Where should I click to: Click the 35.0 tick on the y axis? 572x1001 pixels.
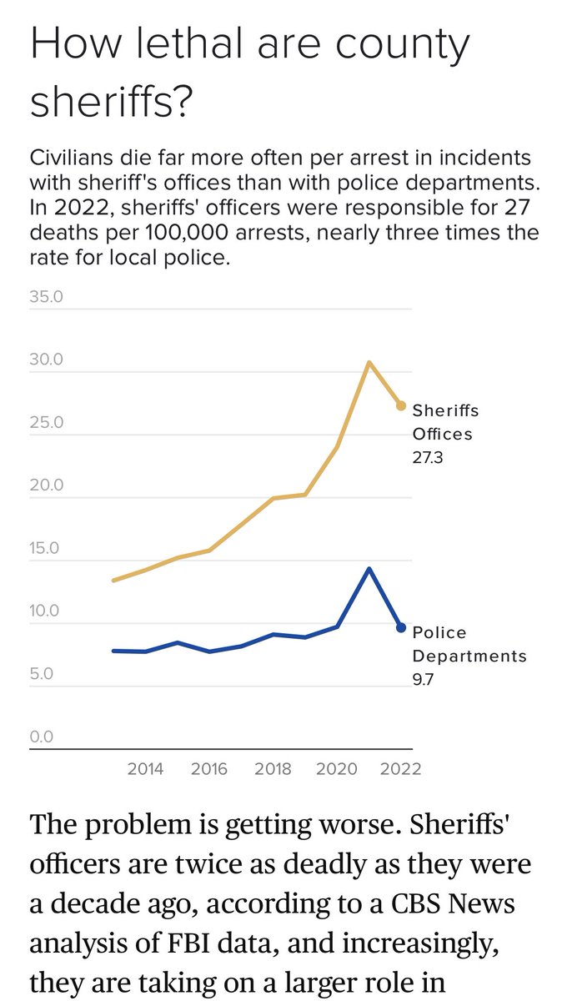click(46, 297)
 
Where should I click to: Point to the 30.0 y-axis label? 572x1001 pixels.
click(46, 360)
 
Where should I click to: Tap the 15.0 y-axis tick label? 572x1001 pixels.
click(46, 549)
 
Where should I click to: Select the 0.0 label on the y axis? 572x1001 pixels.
click(42, 737)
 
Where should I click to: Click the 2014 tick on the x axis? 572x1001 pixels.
click(144, 768)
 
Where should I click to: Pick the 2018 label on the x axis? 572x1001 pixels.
click(273, 768)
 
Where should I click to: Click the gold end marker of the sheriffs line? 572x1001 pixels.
click(401, 405)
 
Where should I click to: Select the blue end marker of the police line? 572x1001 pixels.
click(401, 627)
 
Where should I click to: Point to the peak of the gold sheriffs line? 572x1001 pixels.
click(369, 362)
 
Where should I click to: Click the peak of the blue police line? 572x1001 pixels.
click(369, 569)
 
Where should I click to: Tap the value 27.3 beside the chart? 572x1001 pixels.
click(428, 457)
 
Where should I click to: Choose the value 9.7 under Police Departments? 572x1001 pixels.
click(424, 679)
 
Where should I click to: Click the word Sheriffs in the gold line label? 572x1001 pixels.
click(446, 410)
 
